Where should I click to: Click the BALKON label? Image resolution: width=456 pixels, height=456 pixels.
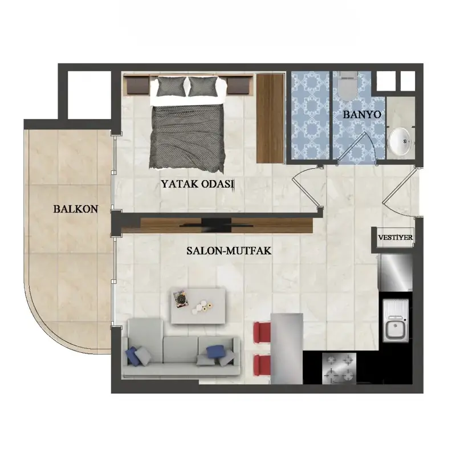click(76, 209)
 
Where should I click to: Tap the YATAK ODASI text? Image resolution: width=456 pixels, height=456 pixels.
click(198, 184)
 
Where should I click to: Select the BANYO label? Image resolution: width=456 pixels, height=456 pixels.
click(362, 115)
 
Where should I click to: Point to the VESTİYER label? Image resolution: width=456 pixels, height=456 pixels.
click(395, 237)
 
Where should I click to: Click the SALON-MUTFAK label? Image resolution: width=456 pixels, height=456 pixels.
click(229, 251)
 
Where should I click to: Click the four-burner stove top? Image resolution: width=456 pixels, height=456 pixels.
click(339, 368)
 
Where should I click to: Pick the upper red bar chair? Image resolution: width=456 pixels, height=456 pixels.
click(262, 332)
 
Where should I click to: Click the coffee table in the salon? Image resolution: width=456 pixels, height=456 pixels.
click(198, 306)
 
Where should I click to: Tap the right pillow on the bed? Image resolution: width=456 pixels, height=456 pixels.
click(204, 87)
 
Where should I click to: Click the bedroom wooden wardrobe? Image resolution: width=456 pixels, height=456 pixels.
click(270, 119)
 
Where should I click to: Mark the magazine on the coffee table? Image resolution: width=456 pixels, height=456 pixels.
click(181, 298)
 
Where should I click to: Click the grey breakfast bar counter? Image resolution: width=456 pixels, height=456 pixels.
click(287, 349)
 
